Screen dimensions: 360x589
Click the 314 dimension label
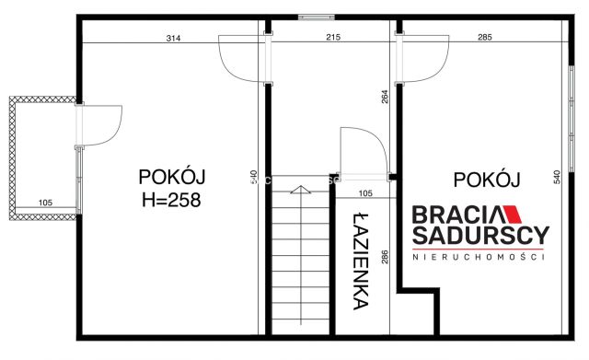pyautogui.click(x=172, y=38)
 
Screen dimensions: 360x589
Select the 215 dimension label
pyautogui.click(x=333, y=38)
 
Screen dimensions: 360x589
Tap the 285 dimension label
pyautogui.click(x=485, y=38)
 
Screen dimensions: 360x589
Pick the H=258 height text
pyautogui.click(x=171, y=199)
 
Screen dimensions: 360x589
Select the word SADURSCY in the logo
pyautogui.click(x=479, y=236)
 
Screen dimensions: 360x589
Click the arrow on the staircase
pyautogui.click(x=297, y=191)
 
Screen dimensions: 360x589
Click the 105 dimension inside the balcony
pyautogui.click(x=44, y=203)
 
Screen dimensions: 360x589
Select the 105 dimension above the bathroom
pyautogui.click(x=364, y=192)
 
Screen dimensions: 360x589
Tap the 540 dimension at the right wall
pyautogui.click(x=556, y=176)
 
